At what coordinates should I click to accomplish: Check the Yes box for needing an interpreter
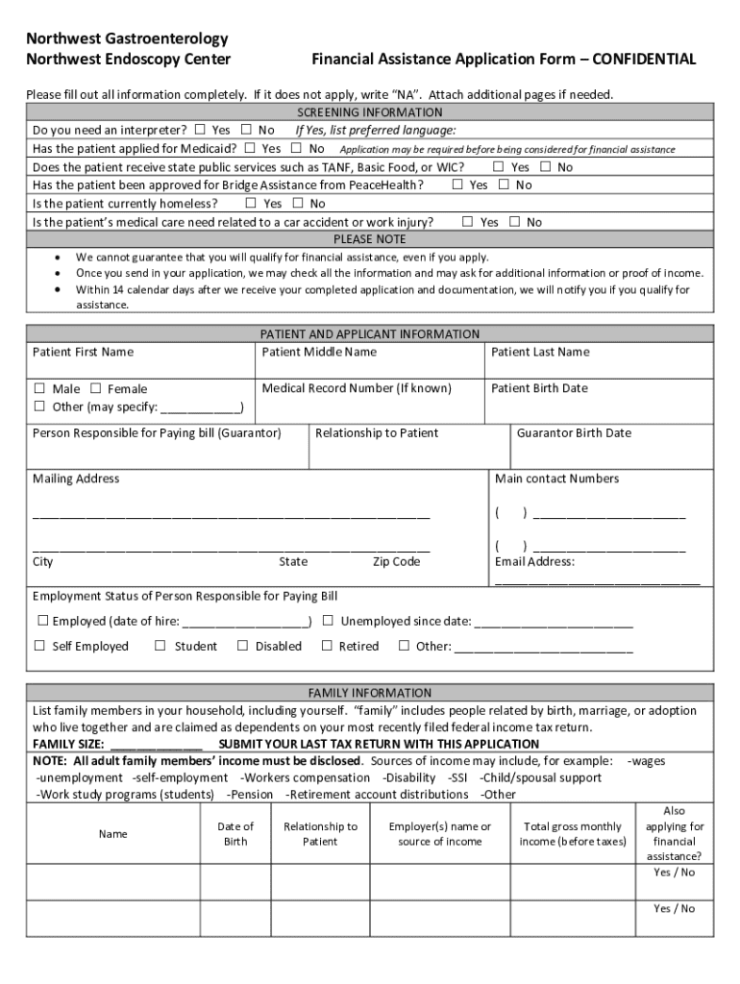pos(200,130)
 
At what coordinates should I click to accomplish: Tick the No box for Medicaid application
pos(297,148)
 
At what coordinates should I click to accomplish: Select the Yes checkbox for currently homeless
pos(251,203)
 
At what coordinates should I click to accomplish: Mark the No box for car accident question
pos(514,222)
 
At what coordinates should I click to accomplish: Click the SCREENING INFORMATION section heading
pos(370,112)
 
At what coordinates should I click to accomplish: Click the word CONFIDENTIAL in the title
pos(644,60)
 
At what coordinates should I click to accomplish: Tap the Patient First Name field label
pos(83,352)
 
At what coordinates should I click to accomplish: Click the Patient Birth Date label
pos(539,388)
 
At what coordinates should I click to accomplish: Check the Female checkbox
pos(96,389)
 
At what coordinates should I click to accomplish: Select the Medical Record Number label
pos(357,388)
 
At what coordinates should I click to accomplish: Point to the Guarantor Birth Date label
pos(574,433)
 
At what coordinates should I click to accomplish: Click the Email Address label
pos(534,562)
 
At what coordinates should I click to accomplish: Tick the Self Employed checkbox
pos(40,647)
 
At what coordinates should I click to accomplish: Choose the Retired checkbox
pos(327,647)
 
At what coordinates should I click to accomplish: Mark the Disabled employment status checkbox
pos(243,647)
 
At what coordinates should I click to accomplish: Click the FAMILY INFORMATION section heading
pos(370,693)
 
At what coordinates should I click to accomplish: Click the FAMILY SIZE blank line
pos(156,745)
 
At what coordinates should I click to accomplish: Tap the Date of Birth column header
pos(235,834)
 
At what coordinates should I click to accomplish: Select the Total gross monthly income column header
pos(573,834)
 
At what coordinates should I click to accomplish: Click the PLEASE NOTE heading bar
pos(370,239)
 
